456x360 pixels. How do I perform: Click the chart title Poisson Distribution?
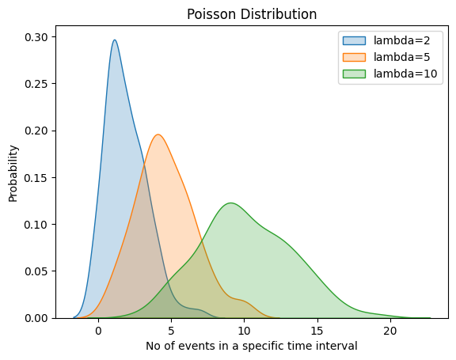tap(252, 14)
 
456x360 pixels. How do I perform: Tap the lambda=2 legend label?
tap(401, 40)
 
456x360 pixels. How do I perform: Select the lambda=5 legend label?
tap(401, 57)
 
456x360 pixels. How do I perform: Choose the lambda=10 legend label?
tap(405, 74)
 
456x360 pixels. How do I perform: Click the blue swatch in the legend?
tap(354, 40)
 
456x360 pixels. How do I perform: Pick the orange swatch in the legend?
tap(354, 57)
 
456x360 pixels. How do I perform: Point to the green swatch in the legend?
tap(354, 74)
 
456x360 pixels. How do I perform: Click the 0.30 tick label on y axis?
tap(36, 37)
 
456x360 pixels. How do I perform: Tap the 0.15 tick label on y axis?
tap(36, 178)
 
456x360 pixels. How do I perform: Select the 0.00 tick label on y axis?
tap(36, 318)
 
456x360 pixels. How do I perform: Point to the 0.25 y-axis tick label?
tap(36, 84)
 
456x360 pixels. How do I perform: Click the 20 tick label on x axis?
tap(390, 331)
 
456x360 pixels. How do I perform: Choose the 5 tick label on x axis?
tap(171, 331)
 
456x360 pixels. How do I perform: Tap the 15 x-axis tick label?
tap(317, 331)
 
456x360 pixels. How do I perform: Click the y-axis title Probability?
tap(13, 174)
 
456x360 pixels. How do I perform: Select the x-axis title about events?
tap(252, 346)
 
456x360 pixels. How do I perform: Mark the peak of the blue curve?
tap(115, 40)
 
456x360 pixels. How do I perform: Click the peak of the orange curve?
tap(158, 135)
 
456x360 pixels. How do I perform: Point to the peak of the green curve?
tap(230, 203)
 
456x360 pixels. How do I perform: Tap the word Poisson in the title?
tap(211, 14)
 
